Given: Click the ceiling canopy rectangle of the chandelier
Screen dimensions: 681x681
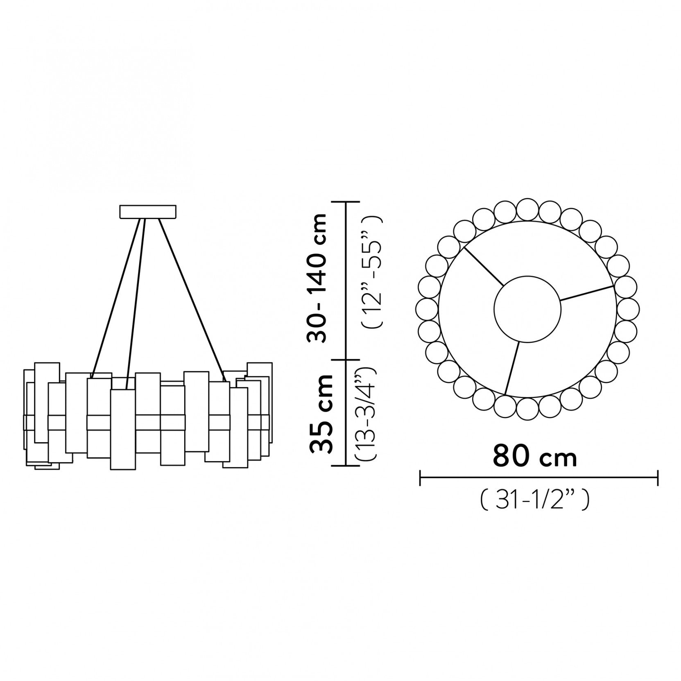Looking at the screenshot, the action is click(x=148, y=211).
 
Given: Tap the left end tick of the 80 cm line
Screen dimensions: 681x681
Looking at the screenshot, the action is click(x=421, y=477).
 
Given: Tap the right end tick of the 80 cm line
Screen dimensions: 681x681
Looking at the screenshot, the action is click(x=658, y=477).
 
